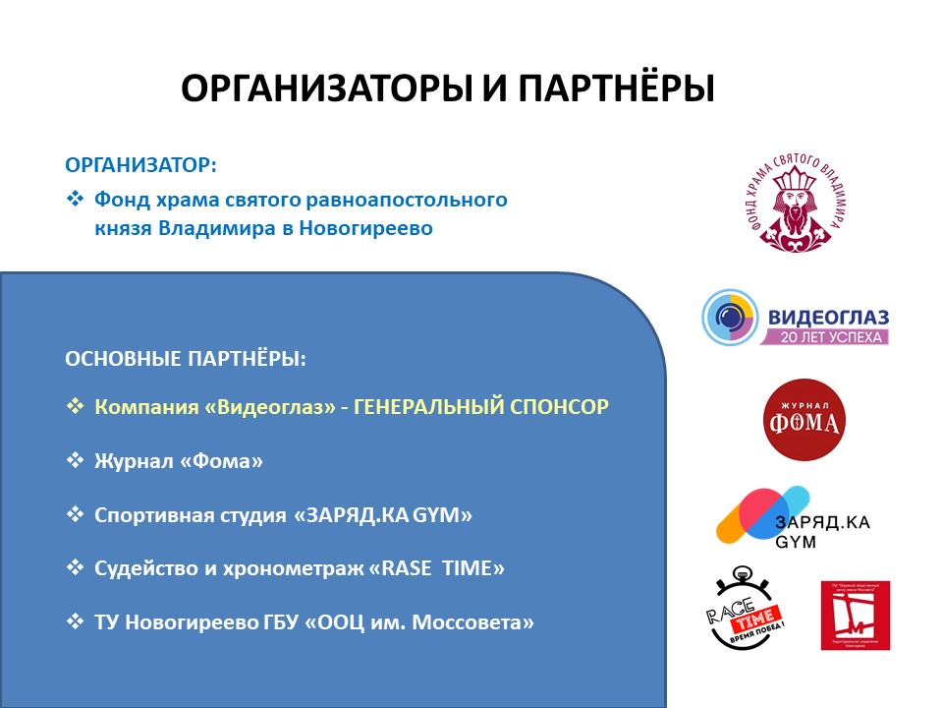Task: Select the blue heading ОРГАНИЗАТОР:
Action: point(140,164)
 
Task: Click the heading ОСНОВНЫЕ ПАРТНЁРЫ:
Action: point(186,359)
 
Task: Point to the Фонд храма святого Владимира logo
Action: point(792,203)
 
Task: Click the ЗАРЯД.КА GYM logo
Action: point(791,518)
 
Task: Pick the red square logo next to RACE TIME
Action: point(855,616)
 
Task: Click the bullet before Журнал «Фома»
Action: point(76,459)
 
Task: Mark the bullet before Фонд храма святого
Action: point(76,199)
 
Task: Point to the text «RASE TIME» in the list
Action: point(436,567)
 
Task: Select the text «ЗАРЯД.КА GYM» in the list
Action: point(383,513)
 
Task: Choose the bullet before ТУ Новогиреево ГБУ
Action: point(76,621)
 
